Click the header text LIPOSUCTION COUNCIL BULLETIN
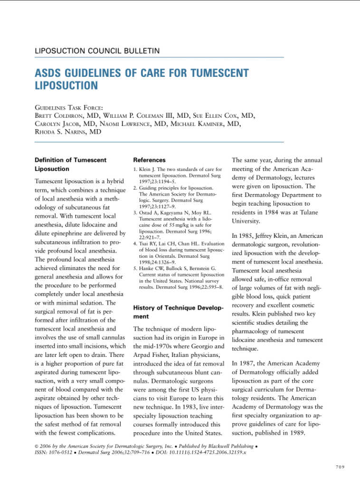click(97, 51)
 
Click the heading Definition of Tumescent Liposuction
click(71, 164)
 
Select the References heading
click(150, 160)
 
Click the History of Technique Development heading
click(178, 311)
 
